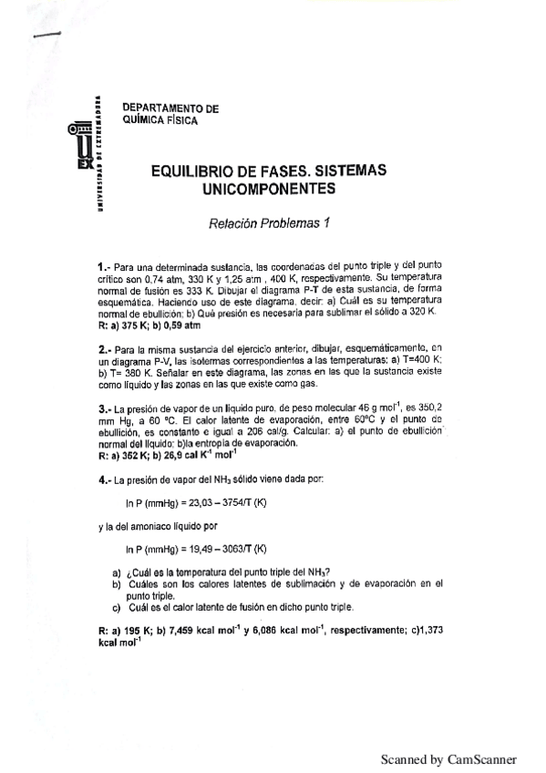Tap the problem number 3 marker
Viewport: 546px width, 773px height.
click(103, 409)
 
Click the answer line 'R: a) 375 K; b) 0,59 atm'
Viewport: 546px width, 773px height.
click(149, 325)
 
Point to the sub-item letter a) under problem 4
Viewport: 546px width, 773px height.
click(117, 572)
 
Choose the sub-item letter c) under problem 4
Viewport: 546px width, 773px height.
click(117, 607)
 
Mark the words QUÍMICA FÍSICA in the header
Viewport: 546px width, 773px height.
click(159, 121)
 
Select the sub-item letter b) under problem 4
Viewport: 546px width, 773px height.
click(117, 583)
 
